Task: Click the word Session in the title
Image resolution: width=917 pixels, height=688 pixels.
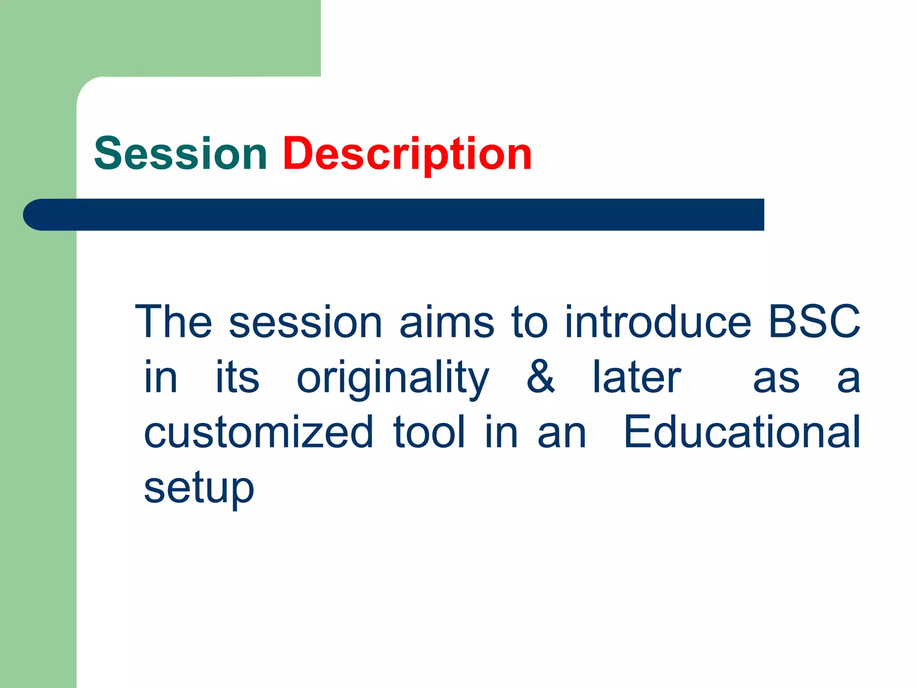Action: click(x=180, y=154)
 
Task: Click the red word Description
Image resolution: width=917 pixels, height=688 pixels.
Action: click(x=407, y=154)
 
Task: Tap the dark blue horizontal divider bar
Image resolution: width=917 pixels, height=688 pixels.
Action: click(x=403, y=215)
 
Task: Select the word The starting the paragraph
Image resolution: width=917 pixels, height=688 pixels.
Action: click(x=174, y=321)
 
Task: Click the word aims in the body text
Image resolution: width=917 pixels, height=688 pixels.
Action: click(x=446, y=321)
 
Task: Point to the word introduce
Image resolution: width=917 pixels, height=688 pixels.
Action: click(x=658, y=321)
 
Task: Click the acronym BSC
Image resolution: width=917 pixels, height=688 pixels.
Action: click(x=814, y=321)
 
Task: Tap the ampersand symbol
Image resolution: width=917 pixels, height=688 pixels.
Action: click(x=540, y=377)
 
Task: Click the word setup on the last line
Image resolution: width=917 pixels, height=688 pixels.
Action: click(x=199, y=488)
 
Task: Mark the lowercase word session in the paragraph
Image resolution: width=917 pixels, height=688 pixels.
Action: click(x=305, y=321)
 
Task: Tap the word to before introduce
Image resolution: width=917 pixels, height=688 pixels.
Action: click(x=530, y=321)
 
